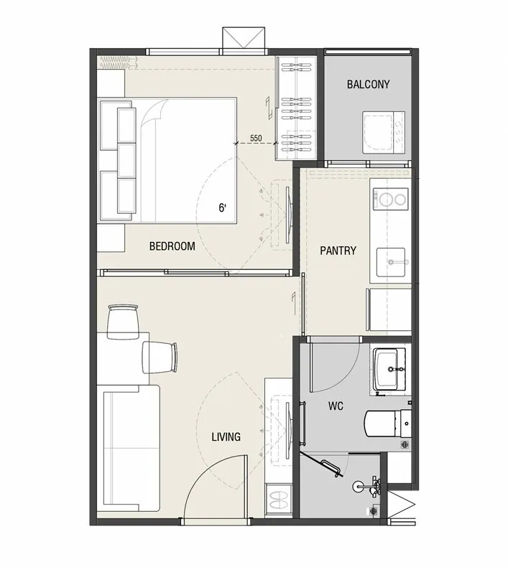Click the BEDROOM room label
tap(172, 246)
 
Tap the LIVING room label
tap(226, 436)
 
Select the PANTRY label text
tap(338, 251)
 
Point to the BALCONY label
tap(369, 84)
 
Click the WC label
tap(336, 406)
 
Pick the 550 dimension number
tap(256, 138)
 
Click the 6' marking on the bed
tap(222, 208)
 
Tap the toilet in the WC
tap(387, 424)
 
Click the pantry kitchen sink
tap(391, 262)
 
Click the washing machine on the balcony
tap(383, 132)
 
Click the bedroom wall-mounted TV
tap(287, 215)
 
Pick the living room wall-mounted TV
tap(288, 431)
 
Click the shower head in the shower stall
tap(359, 487)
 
